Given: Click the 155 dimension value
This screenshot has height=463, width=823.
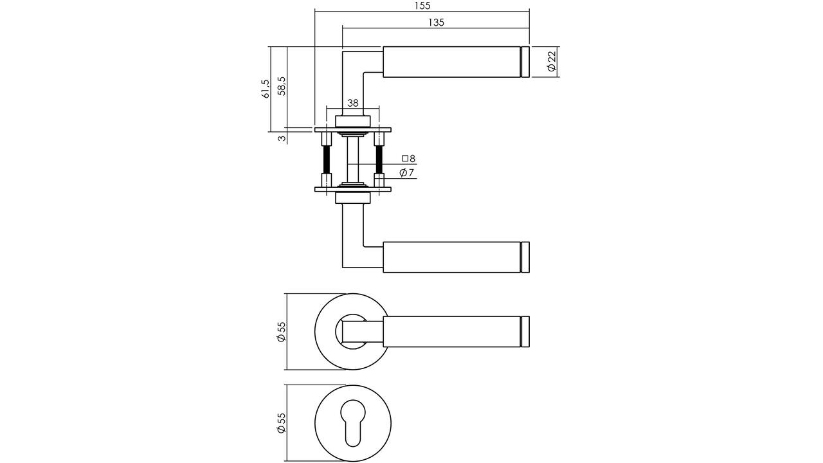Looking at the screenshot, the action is (x=422, y=6).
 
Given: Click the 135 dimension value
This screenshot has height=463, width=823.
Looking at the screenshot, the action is (x=436, y=23).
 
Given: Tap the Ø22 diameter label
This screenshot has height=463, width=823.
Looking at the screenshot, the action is (x=552, y=61).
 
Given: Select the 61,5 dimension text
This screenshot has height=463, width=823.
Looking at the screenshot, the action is (x=266, y=89).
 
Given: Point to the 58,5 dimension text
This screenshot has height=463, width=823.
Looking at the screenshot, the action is (x=282, y=86).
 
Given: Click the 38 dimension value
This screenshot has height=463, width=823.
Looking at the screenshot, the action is (x=353, y=103).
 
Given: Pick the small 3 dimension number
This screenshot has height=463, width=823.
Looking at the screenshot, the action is (x=282, y=138).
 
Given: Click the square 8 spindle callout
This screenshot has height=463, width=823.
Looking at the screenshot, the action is (x=408, y=158).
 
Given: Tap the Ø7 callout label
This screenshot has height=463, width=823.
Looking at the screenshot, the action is (x=407, y=172).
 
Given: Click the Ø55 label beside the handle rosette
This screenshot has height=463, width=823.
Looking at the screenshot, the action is (x=282, y=332).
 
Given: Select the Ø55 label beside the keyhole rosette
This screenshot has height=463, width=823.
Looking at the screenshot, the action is (x=282, y=423).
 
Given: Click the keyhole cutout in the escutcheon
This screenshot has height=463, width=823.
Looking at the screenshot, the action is (x=353, y=423).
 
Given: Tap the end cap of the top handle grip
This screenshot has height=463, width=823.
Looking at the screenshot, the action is (x=525, y=62).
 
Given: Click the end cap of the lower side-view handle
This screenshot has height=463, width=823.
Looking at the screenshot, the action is (x=525, y=257).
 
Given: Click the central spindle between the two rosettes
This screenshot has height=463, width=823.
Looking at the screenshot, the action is (x=353, y=159).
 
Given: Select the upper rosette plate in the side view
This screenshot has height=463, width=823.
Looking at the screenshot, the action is (x=353, y=130).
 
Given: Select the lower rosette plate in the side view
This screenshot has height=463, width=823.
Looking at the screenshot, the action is (x=353, y=190).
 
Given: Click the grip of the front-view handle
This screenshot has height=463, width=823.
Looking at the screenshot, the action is (x=452, y=331).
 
